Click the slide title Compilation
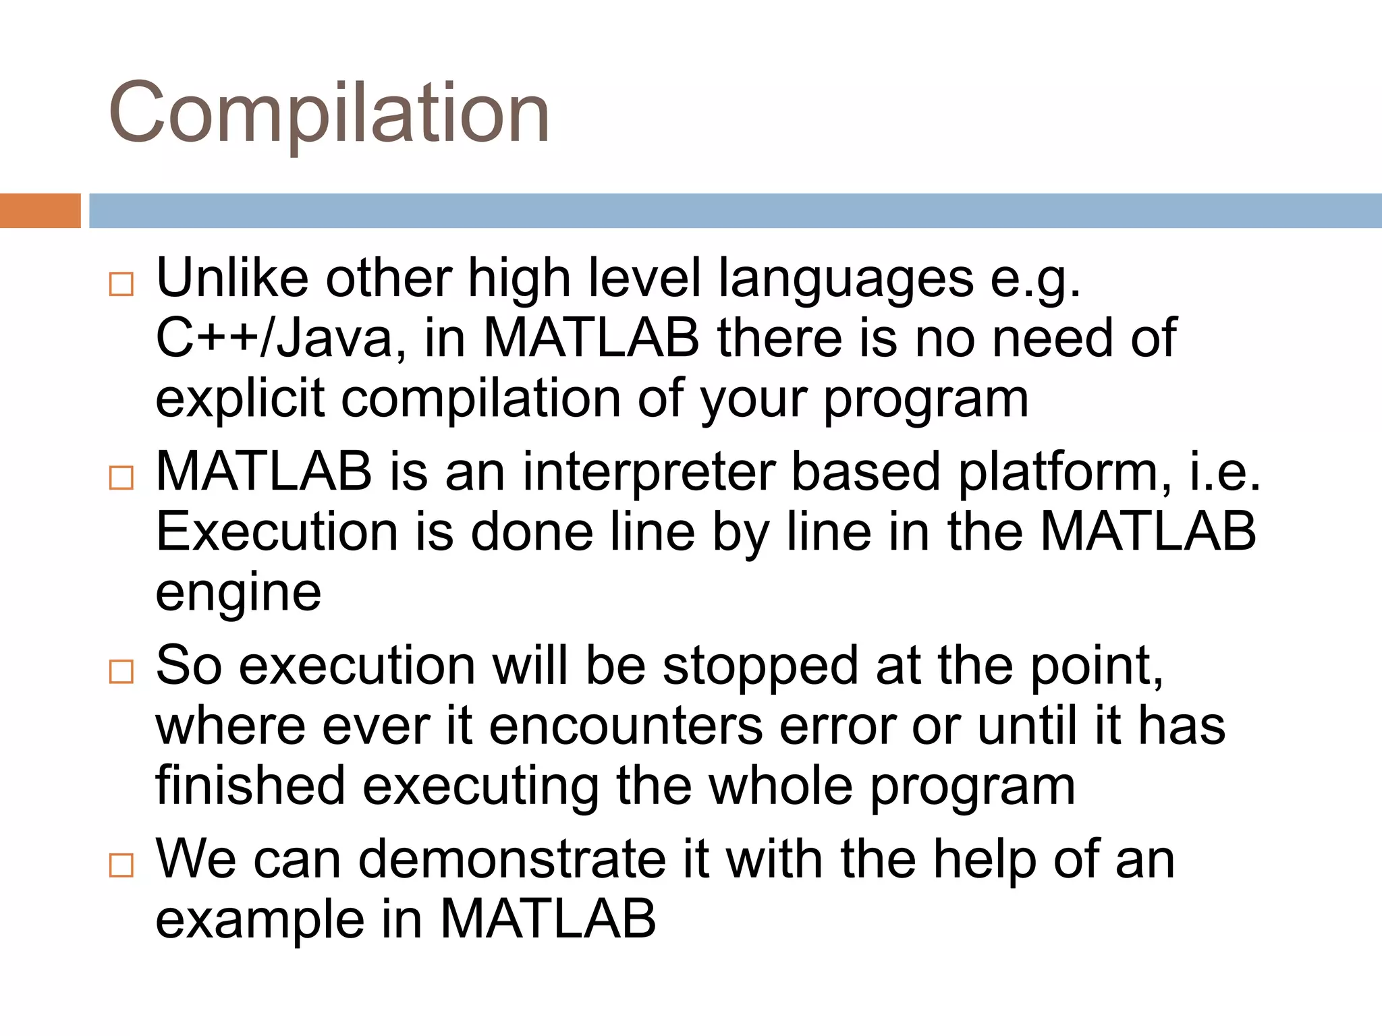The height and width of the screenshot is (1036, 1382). click(329, 113)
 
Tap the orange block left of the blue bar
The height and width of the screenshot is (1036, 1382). click(40, 210)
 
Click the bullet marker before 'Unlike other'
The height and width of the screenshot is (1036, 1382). click(121, 284)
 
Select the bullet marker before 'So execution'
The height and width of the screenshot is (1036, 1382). click(121, 672)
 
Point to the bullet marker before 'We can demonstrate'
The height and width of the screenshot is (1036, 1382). click(121, 865)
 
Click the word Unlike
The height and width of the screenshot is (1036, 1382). click(231, 278)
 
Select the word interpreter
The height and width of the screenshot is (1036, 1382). click(648, 471)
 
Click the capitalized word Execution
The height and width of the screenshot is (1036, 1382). click(277, 531)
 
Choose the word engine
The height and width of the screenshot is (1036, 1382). click(238, 594)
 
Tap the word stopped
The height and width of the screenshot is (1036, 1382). click(760, 666)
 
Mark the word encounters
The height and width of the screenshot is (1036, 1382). click(626, 726)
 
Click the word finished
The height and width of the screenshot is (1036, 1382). click(250, 785)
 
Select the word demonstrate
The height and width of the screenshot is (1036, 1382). click(512, 859)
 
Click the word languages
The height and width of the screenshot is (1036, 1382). click(846, 279)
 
